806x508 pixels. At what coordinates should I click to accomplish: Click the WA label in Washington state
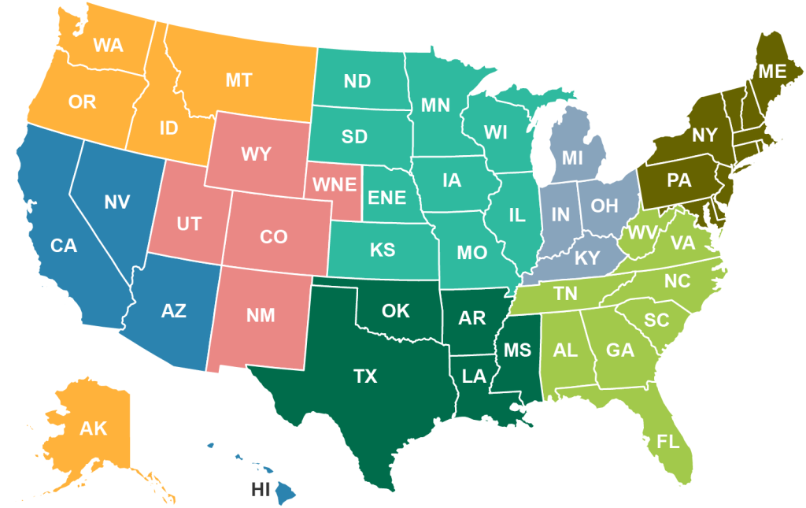click(108, 45)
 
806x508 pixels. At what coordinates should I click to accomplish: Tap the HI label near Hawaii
click(261, 489)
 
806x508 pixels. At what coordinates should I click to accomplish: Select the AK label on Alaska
click(93, 429)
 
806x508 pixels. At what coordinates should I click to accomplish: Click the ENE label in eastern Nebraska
click(387, 197)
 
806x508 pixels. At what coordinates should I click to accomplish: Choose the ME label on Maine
click(772, 72)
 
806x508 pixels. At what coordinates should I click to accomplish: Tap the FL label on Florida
click(668, 441)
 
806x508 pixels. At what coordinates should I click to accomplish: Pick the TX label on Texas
click(365, 376)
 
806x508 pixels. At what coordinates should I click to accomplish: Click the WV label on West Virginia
click(642, 233)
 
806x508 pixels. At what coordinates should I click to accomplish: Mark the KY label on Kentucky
click(586, 258)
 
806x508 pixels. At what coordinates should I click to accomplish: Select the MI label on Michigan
click(572, 158)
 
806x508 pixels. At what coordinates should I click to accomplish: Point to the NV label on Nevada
click(116, 202)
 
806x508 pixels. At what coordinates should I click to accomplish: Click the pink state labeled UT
click(189, 224)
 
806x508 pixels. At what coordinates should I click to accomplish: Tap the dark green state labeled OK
click(395, 311)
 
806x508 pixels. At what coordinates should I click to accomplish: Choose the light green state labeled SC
click(656, 321)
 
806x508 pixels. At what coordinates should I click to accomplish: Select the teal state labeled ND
click(358, 81)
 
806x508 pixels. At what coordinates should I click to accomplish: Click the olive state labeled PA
click(678, 180)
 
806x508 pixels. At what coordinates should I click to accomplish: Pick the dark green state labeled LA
click(474, 376)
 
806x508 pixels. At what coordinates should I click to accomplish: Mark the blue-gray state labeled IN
click(560, 214)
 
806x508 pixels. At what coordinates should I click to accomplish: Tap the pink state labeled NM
click(260, 317)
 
